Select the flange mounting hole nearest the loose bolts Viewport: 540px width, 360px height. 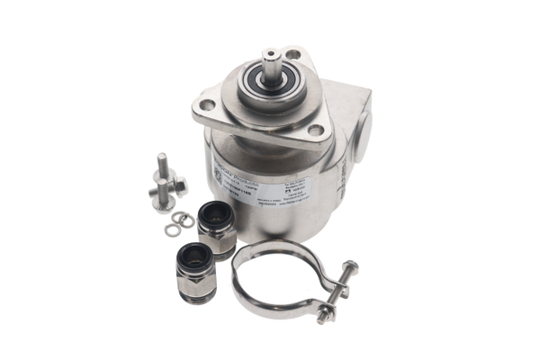pos(205,105)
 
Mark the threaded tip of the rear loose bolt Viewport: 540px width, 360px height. pos(160,159)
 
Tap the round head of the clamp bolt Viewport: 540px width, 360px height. pos(350,266)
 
